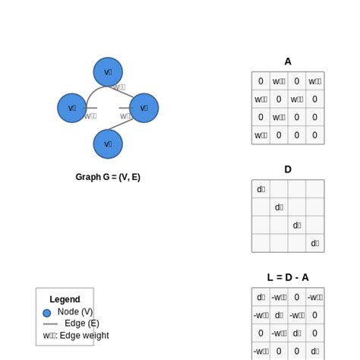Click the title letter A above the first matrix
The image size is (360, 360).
pyautogui.click(x=288, y=62)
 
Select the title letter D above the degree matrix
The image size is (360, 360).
pyautogui.click(x=288, y=169)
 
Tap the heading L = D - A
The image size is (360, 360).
pyautogui.click(x=288, y=277)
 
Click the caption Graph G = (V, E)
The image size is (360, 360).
pyautogui.click(x=108, y=177)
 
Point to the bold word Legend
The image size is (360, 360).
pyautogui.click(x=65, y=299)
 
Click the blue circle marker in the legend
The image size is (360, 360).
pyautogui.click(x=47, y=312)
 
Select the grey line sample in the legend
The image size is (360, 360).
pyautogui.click(x=50, y=324)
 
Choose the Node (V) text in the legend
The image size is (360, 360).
pyautogui.click(x=75, y=311)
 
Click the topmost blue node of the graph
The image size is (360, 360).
pyautogui.click(x=108, y=72)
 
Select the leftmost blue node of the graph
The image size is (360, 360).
pyautogui.click(x=72, y=108)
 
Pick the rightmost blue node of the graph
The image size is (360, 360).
pyautogui.click(x=144, y=108)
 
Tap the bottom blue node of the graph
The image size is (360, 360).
pyautogui.click(x=108, y=144)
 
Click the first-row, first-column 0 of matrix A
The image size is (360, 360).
pyautogui.click(x=261, y=81)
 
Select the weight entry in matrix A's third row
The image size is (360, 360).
pyautogui.click(x=279, y=118)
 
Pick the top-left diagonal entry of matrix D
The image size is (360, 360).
pyautogui.click(x=261, y=189)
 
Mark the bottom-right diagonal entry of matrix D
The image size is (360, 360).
pyautogui.click(x=315, y=243)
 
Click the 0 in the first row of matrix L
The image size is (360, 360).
pyautogui.click(x=297, y=297)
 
